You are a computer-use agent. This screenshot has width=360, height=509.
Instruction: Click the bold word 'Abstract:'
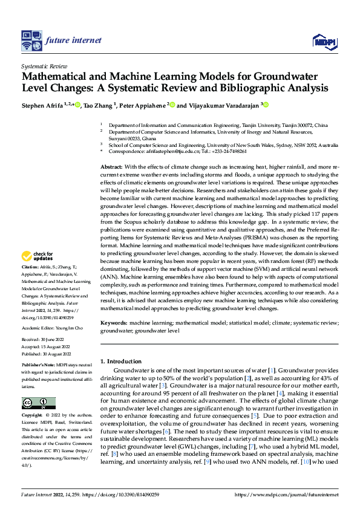click(111, 166)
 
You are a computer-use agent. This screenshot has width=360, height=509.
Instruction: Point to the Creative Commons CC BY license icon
click(38, 403)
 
